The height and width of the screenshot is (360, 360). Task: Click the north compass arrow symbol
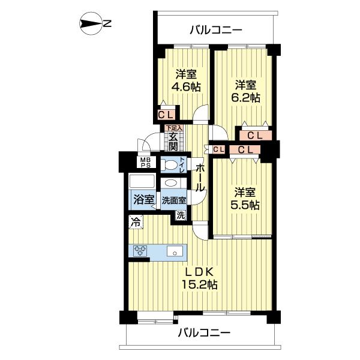(90, 24)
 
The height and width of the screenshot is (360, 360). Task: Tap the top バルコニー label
(215, 29)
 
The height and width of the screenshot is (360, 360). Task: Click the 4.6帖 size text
(185, 86)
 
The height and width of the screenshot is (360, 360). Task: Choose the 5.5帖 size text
(245, 205)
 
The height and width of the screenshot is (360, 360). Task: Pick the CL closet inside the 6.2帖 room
(254, 136)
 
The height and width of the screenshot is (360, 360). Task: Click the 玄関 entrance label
(173, 142)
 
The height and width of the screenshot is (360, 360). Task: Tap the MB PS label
(146, 163)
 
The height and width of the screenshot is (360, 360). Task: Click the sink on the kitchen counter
(175, 251)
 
